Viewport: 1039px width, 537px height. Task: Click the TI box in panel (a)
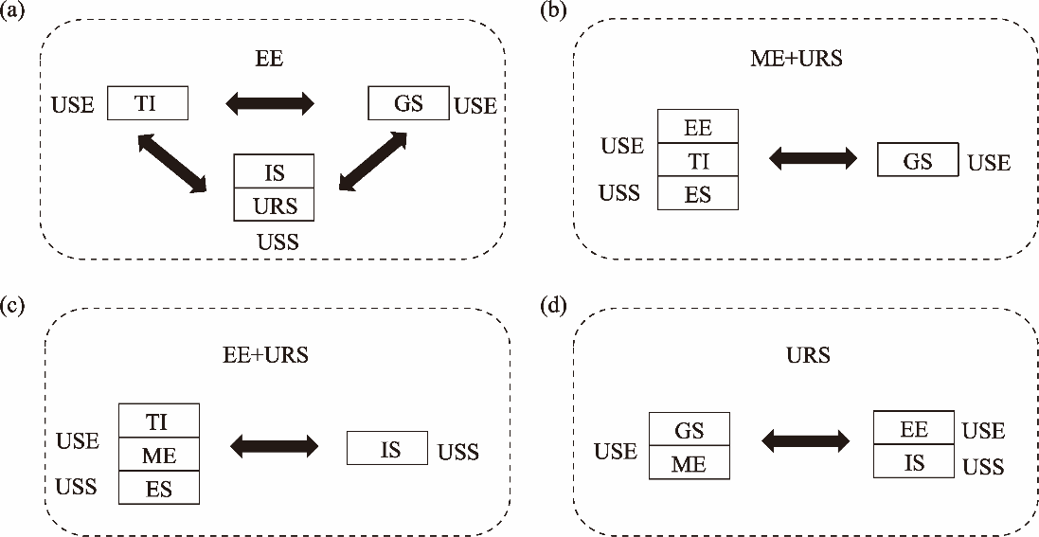coord(148,103)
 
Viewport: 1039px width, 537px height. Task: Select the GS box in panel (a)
coord(408,103)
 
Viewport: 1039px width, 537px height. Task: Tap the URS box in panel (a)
coord(274,205)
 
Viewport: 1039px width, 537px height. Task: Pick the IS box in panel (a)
coord(274,172)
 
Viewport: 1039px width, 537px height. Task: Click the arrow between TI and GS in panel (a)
coord(270,103)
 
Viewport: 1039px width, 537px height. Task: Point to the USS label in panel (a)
coord(278,242)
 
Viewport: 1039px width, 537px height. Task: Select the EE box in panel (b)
coord(697,127)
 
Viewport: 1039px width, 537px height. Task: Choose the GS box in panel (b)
coord(918,160)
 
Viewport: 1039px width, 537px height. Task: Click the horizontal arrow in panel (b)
coord(813,159)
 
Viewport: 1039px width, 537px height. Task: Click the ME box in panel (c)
coord(159,454)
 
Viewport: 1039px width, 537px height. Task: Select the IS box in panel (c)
coord(388,448)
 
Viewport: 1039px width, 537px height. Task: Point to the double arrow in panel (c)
coord(275,446)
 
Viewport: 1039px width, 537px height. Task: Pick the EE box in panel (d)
coord(914,428)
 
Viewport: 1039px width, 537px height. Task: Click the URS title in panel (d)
coord(807,356)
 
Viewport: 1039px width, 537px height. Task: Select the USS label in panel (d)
coord(983,466)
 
